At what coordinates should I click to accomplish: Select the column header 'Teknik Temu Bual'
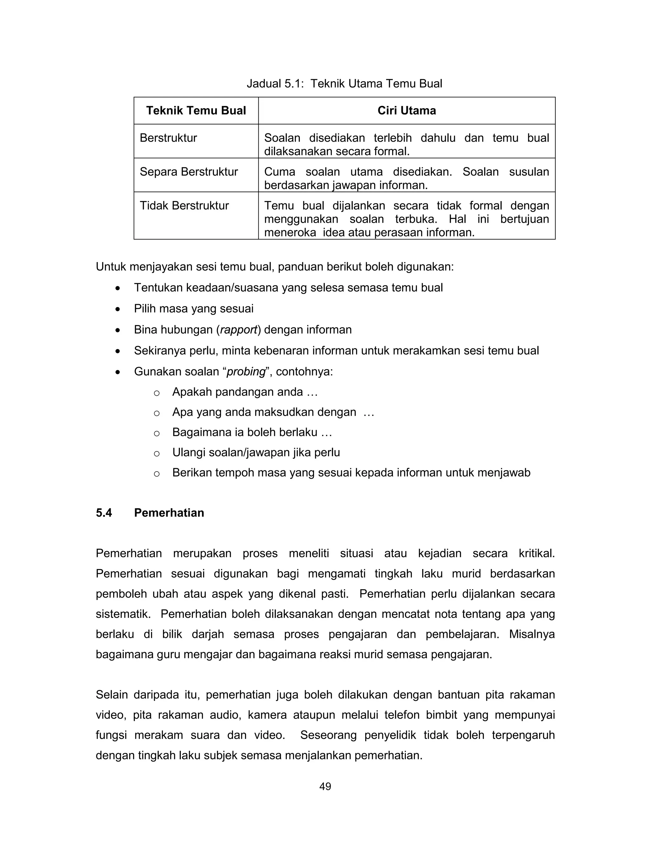coord(196,111)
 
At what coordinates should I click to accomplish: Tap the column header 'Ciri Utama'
coord(407,111)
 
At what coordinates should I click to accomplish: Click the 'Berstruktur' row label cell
coord(168,138)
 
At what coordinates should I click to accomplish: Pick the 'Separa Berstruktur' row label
coord(188,172)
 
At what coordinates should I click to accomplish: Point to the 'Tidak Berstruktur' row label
coord(184,206)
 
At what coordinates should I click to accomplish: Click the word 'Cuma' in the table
coord(280,172)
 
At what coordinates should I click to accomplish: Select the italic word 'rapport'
coord(238,330)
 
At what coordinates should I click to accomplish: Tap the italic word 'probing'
coord(246,372)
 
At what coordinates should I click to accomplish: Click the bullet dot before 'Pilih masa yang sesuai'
coord(118,309)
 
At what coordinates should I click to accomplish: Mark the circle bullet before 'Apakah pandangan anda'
coord(157,393)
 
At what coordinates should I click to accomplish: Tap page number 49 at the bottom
coord(325,786)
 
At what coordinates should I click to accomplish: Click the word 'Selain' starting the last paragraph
coord(112,695)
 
